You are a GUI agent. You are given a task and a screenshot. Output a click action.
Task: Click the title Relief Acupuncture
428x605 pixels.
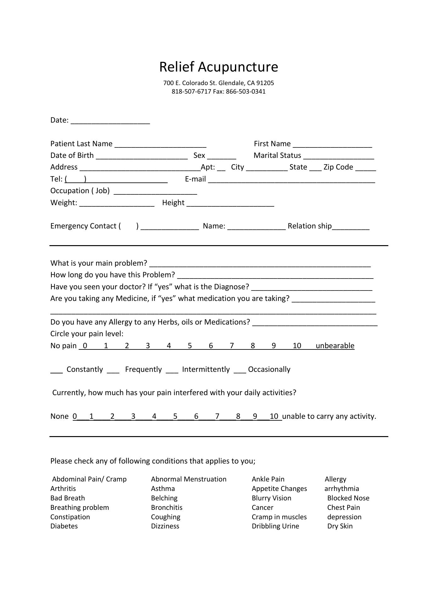pyautogui.click(x=219, y=67)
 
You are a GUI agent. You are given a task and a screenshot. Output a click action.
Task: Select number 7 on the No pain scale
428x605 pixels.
pyautogui.click(x=232, y=346)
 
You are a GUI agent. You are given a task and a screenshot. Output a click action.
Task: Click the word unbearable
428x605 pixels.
pyautogui.click(x=335, y=346)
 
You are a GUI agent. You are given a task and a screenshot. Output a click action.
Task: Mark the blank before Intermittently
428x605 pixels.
pyautogui.click(x=172, y=371)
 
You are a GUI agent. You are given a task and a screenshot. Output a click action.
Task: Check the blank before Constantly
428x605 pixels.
pyautogui.click(x=56, y=371)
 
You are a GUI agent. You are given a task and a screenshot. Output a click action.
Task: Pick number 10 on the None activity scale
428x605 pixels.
pyautogui.click(x=274, y=416)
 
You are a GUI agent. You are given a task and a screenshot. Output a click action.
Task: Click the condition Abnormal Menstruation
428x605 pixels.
pyautogui.click(x=189, y=479)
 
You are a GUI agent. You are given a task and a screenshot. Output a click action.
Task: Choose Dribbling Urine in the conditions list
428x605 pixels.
pyautogui.click(x=275, y=526)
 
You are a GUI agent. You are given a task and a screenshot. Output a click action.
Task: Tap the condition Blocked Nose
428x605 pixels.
pyautogui.click(x=348, y=498)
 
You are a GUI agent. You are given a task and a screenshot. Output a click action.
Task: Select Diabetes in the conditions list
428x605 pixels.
pyautogui.click(x=64, y=526)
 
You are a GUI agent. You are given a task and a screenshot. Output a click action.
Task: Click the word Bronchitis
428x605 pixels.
pyautogui.click(x=167, y=507)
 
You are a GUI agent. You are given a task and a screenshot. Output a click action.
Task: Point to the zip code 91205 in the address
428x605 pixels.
pyautogui.click(x=265, y=83)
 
